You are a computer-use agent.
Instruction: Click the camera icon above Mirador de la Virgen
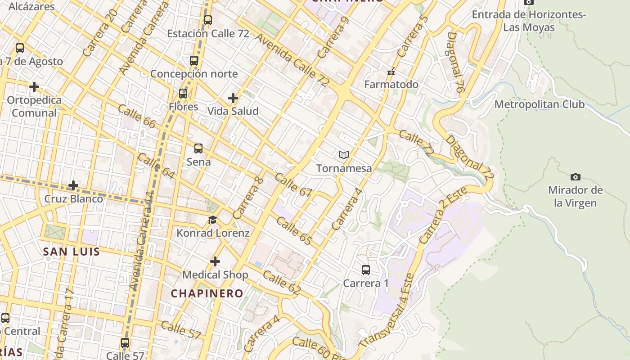tap(575, 177)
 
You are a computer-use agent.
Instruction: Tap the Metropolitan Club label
tap(539, 104)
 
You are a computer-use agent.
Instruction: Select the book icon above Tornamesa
tap(344, 155)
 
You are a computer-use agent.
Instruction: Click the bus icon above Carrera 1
tap(366, 270)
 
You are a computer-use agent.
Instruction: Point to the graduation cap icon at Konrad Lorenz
tap(212, 220)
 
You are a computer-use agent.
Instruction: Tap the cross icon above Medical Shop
tap(215, 261)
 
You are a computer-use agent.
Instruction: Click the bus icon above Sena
tap(198, 148)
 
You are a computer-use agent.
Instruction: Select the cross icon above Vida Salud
tap(233, 98)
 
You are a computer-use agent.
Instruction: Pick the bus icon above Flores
tap(183, 94)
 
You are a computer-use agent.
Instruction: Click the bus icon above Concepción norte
tap(194, 61)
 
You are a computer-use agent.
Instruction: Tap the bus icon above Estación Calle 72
tap(207, 20)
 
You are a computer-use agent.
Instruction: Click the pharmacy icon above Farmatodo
tap(391, 72)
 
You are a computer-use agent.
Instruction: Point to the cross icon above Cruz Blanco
tap(73, 185)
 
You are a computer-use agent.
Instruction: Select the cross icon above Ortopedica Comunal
tap(34, 86)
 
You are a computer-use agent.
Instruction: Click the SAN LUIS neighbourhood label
tap(71, 252)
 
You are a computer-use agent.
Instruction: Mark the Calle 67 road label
tap(293, 184)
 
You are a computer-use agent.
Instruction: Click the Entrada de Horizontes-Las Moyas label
tap(529, 21)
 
